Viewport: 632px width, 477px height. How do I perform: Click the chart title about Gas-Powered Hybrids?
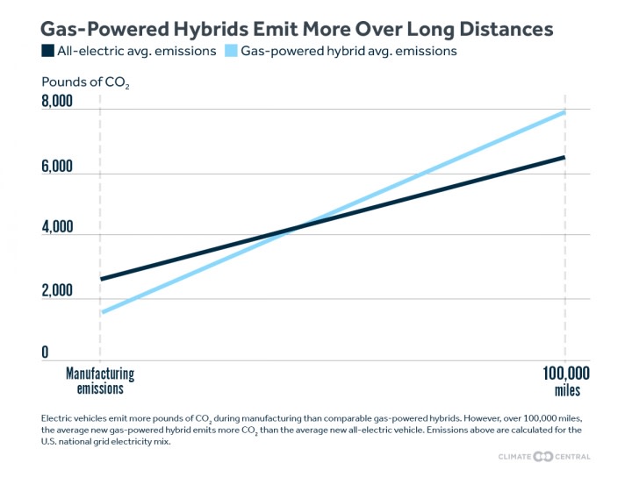tap(297, 29)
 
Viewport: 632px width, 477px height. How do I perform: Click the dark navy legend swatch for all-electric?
tap(48, 51)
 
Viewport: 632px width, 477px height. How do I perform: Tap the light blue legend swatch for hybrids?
tap(232, 51)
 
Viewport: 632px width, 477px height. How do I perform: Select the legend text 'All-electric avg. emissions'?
tap(136, 51)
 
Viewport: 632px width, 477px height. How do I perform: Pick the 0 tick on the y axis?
tap(46, 352)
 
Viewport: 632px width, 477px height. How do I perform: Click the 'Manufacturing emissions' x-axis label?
tap(100, 381)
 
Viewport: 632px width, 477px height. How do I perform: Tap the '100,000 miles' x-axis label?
tap(562, 381)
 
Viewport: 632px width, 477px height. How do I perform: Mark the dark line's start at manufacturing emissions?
tap(101, 279)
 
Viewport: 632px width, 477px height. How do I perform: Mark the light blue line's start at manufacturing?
tap(101, 312)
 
